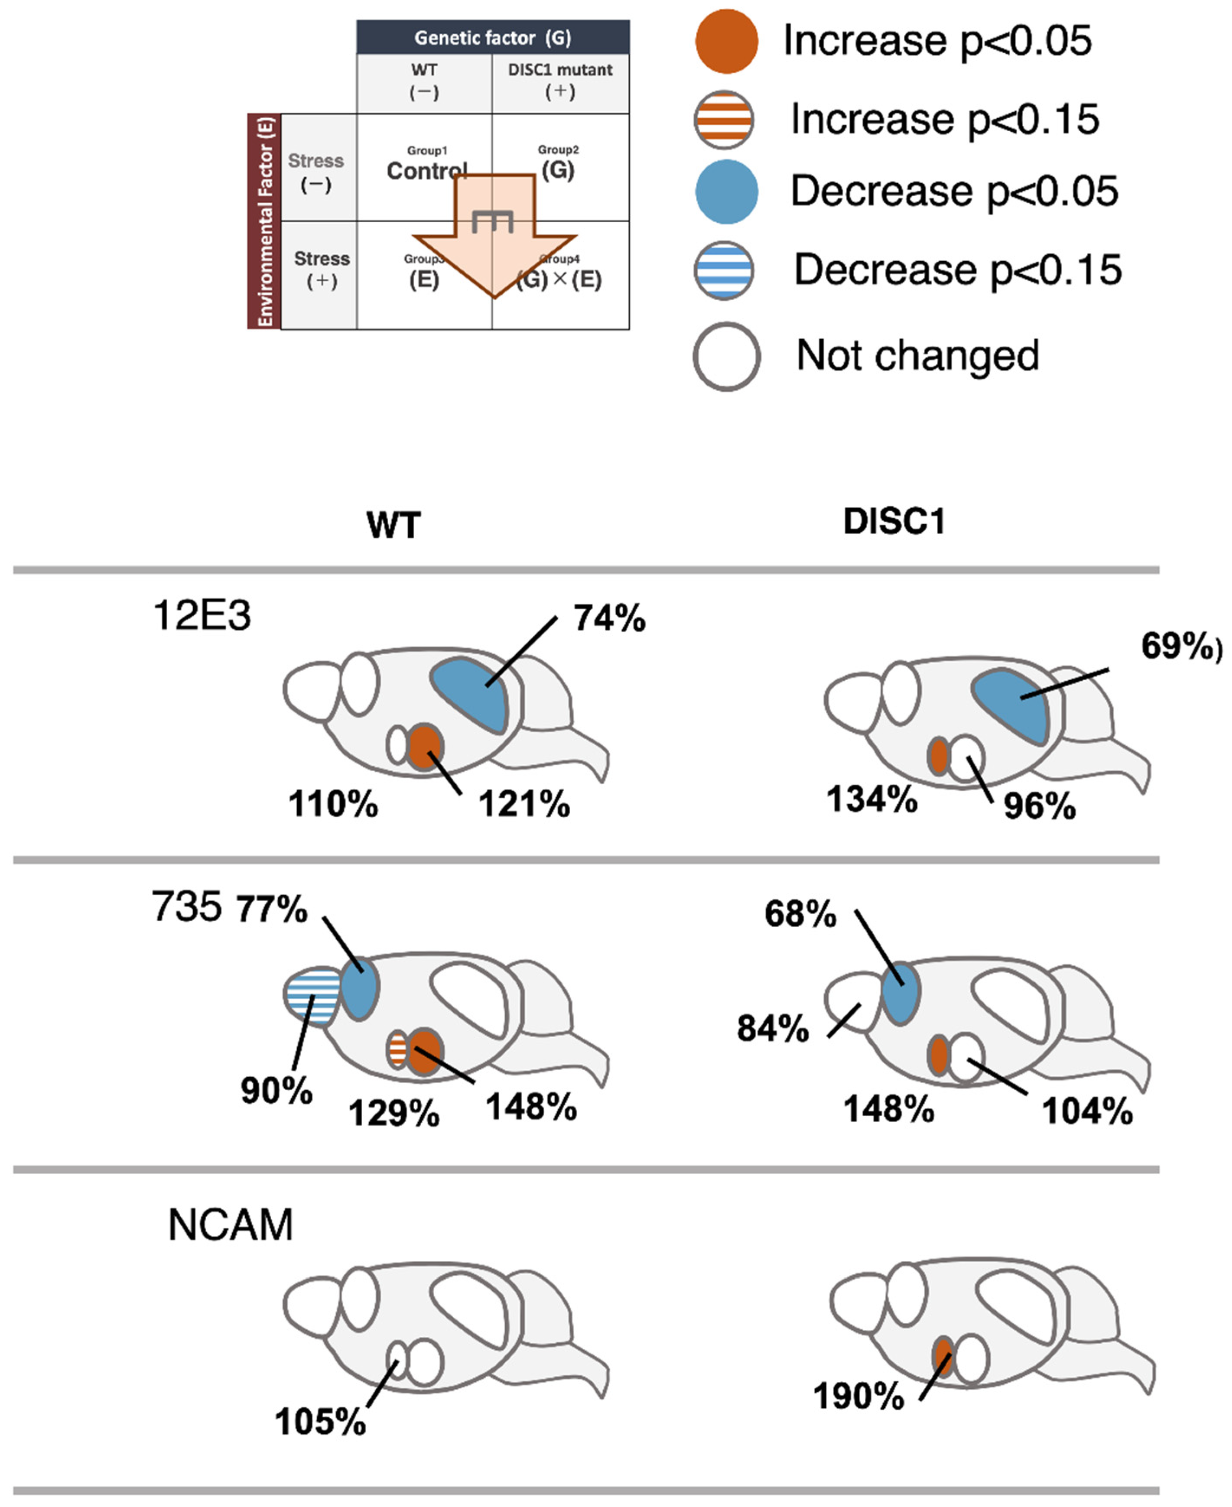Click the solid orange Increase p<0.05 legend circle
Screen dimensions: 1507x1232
click(726, 41)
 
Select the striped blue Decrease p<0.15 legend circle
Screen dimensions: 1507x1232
click(724, 270)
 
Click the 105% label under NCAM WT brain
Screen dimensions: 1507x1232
click(320, 1422)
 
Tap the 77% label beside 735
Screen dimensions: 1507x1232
click(272, 909)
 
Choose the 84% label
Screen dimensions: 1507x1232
click(773, 1028)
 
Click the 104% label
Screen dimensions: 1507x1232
click(1086, 1111)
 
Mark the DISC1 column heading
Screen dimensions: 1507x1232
click(894, 522)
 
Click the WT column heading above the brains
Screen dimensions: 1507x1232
click(394, 526)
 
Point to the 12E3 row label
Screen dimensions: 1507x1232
click(202, 615)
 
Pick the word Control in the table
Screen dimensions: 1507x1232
click(426, 171)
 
